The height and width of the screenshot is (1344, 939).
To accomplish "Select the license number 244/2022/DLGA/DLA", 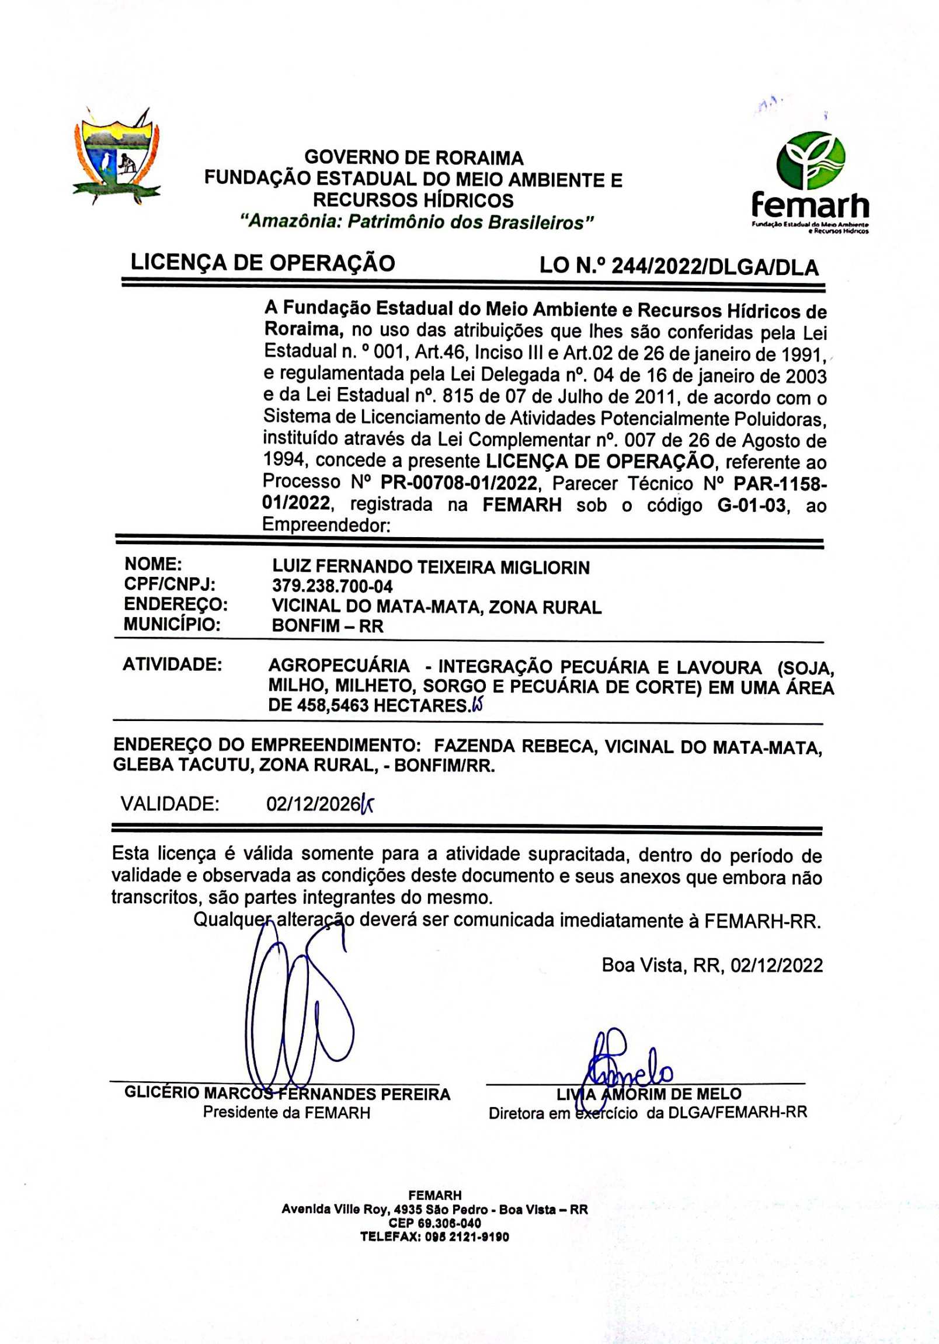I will [714, 267].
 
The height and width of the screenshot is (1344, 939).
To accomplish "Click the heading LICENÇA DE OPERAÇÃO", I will [263, 263].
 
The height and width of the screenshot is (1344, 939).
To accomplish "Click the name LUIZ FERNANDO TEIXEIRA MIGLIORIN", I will [431, 567].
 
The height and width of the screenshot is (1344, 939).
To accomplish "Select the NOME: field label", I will [154, 565].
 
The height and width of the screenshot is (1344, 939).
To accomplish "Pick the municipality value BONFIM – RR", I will [328, 626].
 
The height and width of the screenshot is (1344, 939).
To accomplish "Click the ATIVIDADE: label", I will [172, 664].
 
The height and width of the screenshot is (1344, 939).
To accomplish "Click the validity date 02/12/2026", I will [312, 805].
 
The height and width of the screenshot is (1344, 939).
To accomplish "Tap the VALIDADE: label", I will [170, 804].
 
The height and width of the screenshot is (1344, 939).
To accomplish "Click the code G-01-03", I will [751, 504].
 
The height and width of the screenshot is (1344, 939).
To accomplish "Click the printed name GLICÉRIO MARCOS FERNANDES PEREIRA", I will [287, 1094].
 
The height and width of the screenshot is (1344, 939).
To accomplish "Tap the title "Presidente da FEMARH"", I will [286, 1112].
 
